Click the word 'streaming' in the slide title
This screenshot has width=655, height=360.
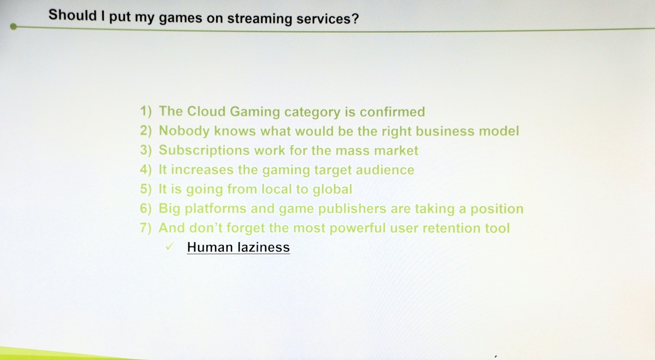(260, 19)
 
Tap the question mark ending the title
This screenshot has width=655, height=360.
(355, 19)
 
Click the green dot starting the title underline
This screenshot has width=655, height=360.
(13, 27)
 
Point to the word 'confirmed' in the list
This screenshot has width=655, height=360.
(392, 112)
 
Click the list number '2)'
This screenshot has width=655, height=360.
(146, 130)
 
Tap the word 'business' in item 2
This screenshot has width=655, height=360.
(445, 131)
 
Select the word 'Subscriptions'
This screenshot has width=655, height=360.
(204, 151)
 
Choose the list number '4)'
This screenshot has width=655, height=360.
(146, 170)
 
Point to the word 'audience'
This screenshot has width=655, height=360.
(385, 170)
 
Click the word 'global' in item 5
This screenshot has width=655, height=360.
(332, 189)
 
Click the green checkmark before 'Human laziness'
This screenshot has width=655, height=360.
(170, 247)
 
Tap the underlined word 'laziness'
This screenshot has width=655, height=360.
(264, 247)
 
